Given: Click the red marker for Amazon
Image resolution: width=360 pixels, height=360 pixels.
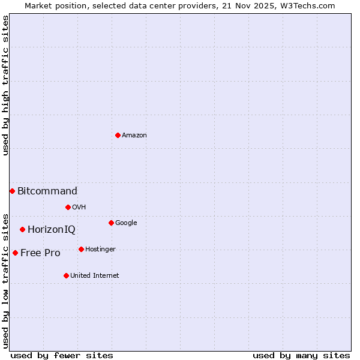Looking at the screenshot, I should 118,135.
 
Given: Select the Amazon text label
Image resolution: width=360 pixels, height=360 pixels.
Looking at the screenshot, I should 134,136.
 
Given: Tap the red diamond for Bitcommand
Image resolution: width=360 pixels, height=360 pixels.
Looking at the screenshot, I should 12,191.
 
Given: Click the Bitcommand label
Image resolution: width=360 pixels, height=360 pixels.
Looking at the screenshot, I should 47,191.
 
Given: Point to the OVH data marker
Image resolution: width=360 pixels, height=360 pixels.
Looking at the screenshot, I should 68,207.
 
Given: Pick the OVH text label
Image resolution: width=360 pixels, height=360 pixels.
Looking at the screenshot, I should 79,208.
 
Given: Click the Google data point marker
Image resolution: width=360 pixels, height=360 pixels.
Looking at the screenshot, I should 111,223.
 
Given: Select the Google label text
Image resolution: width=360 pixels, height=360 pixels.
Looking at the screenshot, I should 126,223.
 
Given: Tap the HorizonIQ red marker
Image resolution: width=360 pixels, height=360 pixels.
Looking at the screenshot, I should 22,229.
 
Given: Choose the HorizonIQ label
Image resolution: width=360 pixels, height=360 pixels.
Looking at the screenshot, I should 52,230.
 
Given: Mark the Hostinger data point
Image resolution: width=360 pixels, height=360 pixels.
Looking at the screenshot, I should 81,249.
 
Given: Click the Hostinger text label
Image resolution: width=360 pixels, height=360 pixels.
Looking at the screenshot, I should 100,250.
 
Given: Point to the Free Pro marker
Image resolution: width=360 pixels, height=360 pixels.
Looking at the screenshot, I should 15,253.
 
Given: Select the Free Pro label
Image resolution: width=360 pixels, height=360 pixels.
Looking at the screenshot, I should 40,253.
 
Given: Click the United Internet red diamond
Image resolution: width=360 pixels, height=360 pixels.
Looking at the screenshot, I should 66,275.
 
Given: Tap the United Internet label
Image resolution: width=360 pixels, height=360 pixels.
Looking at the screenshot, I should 95,276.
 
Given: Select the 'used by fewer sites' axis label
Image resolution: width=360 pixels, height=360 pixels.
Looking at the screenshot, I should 62,355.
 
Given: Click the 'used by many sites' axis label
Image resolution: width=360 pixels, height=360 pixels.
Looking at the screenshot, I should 301,355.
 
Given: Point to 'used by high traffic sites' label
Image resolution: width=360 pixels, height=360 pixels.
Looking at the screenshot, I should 5,85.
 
